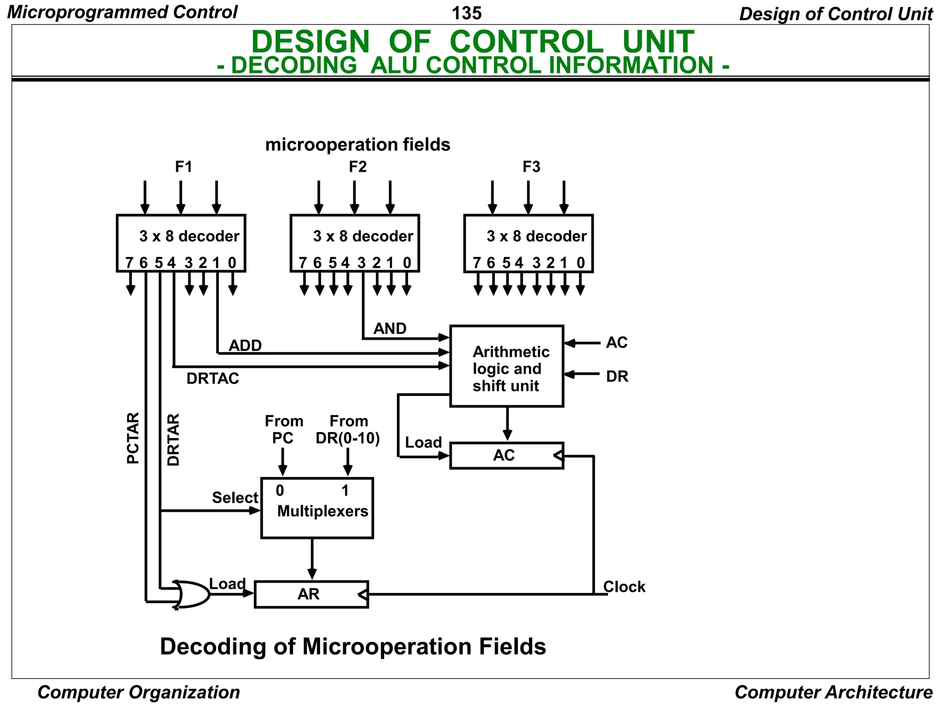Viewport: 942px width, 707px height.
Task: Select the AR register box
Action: click(x=311, y=594)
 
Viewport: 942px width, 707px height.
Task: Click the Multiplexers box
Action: click(x=317, y=508)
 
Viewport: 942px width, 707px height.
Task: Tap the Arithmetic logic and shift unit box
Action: click(x=506, y=366)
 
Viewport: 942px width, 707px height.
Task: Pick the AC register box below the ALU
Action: click(x=506, y=456)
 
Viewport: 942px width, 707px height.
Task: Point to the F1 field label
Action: click(x=184, y=167)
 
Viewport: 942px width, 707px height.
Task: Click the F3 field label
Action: click(x=531, y=167)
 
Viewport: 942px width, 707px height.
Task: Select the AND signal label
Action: click(x=390, y=329)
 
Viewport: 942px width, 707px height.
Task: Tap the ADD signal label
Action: click(x=245, y=345)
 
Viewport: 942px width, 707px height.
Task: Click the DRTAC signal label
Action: click(x=213, y=378)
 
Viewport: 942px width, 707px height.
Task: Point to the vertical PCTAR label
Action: click(x=132, y=438)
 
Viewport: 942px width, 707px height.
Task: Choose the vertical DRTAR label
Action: click(x=173, y=440)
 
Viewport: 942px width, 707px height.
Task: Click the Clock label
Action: click(x=624, y=587)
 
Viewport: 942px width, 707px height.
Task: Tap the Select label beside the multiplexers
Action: click(x=235, y=498)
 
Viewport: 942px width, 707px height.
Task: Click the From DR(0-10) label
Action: click(x=348, y=429)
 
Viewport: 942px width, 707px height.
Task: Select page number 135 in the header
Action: click(x=466, y=13)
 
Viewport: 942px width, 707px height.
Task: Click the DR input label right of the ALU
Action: click(x=617, y=377)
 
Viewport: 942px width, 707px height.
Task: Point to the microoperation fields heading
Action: click(x=357, y=145)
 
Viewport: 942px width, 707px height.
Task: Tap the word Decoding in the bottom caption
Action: click(x=213, y=646)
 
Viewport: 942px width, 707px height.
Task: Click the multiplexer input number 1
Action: click(x=345, y=491)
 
